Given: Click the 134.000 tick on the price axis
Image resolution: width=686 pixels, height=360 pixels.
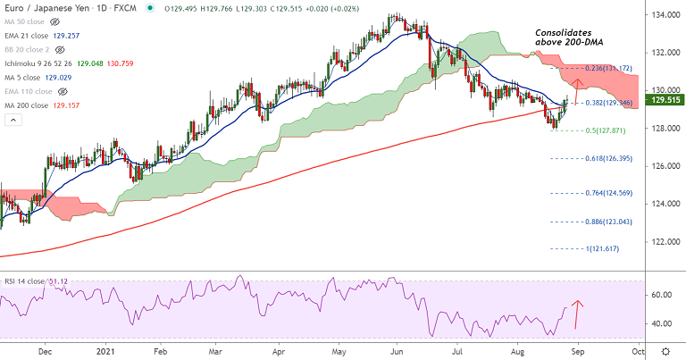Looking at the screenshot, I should [663, 15].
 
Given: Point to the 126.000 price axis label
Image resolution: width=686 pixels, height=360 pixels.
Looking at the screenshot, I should [663, 166].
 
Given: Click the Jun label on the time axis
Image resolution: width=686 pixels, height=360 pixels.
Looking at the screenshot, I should [396, 351].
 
